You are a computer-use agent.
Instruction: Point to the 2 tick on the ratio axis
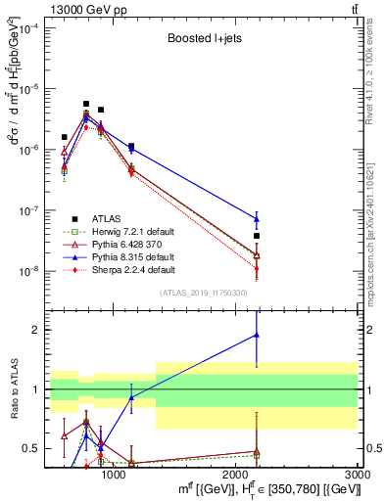point(35,330)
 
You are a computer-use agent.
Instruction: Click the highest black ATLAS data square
point(86,104)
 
